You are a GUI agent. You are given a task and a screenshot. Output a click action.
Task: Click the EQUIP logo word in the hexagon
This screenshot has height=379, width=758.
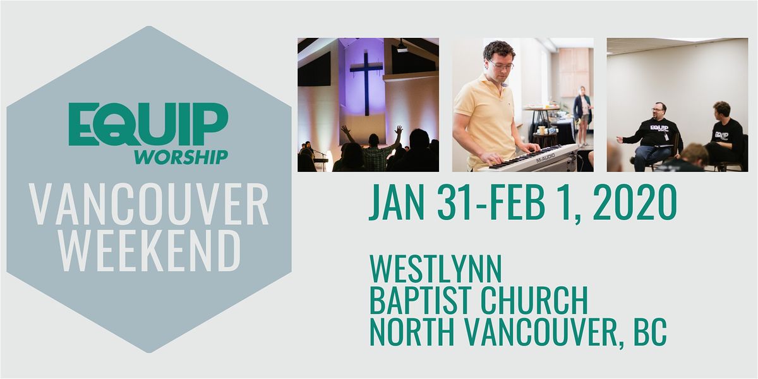(x=148, y=124)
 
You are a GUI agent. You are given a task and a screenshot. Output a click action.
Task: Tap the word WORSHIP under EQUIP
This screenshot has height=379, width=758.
(x=181, y=157)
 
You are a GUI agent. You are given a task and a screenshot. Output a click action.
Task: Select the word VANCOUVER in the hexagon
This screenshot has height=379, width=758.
(x=148, y=205)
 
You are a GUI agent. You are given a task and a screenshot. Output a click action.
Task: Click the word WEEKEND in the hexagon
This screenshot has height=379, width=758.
(x=150, y=251)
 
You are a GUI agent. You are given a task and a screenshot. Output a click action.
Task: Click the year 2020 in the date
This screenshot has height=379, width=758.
(x=635, y=202)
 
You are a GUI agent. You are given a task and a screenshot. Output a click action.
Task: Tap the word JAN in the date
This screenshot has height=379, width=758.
(x=397, y=202)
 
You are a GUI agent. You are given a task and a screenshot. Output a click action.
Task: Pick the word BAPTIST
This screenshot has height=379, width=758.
(x=422, y=300)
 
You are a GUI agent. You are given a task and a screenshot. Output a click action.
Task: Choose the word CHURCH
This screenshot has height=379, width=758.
(x=534, y=300)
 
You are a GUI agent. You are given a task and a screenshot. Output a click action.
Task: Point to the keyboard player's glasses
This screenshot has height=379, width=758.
(x=502, y=65)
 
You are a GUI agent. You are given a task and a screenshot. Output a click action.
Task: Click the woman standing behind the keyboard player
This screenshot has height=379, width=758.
(x=582, y=116)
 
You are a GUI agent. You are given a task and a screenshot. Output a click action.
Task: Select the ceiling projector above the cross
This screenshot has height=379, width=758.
(x=402, y=47)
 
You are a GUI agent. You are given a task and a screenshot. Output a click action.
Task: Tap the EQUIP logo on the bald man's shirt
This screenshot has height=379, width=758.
(x=659, y=129)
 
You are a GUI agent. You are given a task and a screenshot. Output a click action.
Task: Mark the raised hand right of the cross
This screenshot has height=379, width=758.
(x=399, y=130)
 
